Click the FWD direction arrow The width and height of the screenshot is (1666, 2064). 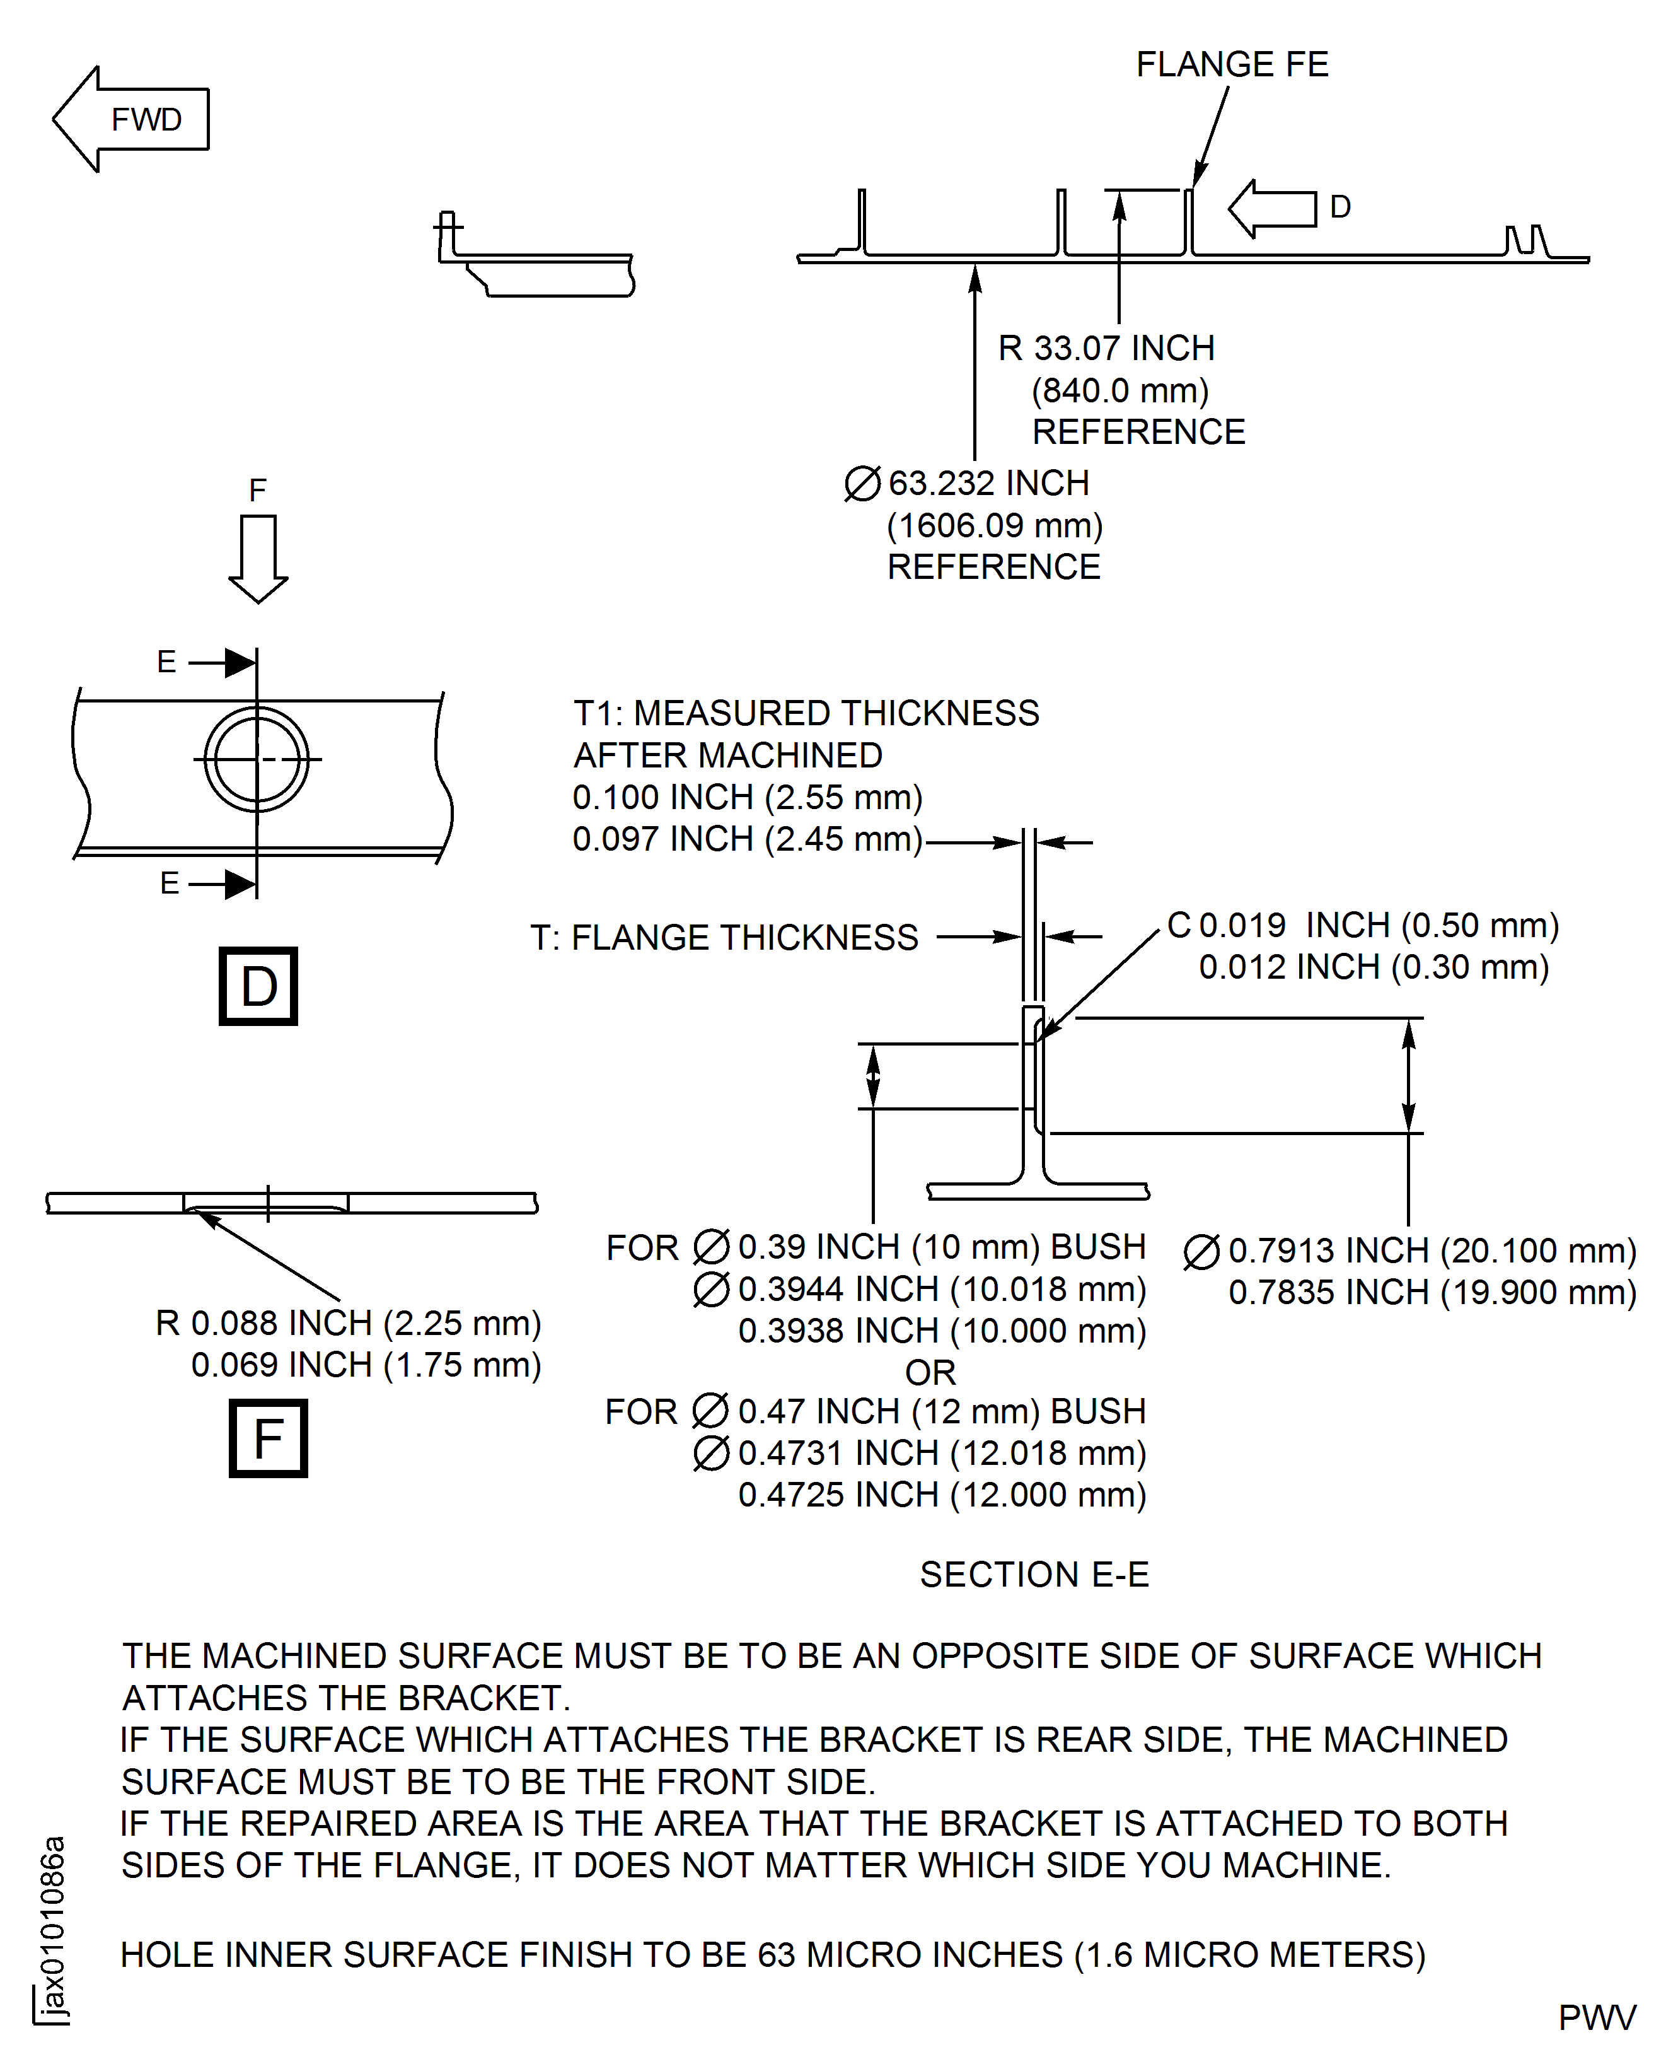130,119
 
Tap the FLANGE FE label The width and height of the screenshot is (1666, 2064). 1232,64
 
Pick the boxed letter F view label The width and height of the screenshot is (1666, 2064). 268,1438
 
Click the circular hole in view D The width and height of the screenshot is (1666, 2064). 256,759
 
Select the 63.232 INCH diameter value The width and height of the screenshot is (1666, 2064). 988,483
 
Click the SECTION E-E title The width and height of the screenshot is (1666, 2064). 1034,1575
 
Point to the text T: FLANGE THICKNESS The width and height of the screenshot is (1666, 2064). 724,937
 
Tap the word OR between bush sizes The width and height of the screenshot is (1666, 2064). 930,1373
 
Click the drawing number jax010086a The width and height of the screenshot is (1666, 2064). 54,1930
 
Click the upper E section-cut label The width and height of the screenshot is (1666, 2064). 167,662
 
